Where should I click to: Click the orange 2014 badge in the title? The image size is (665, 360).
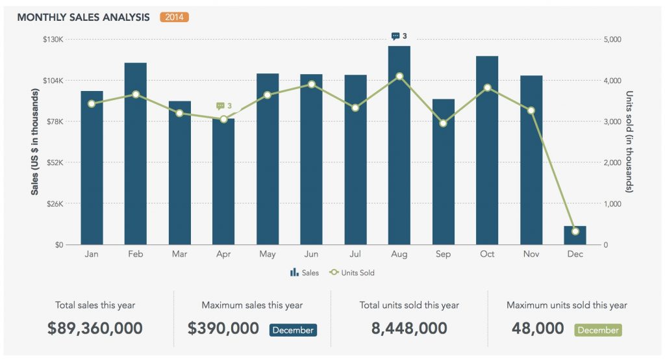click(174, 17)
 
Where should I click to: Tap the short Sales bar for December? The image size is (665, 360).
click(575, 235)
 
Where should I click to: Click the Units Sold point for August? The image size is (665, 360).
click(399, 76)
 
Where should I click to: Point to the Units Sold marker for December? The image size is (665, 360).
click(575, 231)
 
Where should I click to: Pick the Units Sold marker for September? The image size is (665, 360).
click(443, 123)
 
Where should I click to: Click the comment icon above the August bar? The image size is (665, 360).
click(395, 36)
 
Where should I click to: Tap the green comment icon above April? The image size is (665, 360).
click(220, 105)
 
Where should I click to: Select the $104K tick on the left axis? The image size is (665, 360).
click(53, 81)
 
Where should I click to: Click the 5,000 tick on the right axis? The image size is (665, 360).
click(613, 40)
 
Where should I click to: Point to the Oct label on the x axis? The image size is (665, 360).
click(487, 254)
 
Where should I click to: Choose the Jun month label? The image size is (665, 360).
click(311, 254)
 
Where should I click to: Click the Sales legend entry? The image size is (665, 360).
click(305, 273)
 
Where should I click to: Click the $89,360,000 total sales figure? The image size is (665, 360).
click(95, 329)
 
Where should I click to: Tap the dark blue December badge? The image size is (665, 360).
click(293, 330)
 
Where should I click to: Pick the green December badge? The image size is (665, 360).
click(598, 330)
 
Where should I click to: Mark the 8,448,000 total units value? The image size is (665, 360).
click(409, 329)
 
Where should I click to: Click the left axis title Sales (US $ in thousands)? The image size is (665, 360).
click(34, 142)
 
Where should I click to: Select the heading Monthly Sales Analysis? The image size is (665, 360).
click(84, 17)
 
